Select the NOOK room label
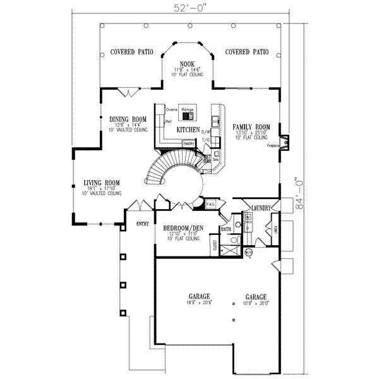[186, 64]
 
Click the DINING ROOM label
[128, 119]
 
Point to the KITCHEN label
[188, 129]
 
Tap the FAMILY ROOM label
[251, 127]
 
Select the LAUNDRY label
[261, 208]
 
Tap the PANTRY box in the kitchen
[188, 144]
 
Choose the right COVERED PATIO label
[247, 52]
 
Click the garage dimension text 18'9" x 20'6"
[198, 303]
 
